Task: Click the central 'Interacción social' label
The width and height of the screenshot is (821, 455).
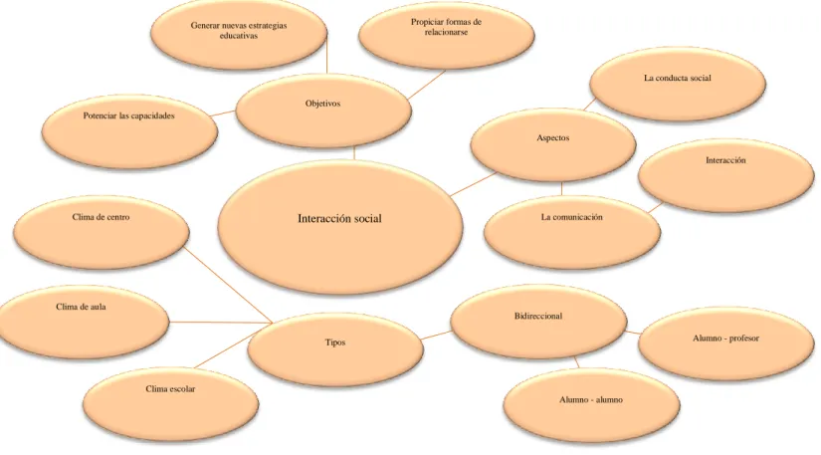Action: coord(339,218)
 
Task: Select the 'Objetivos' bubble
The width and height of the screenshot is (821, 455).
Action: coord(323,111)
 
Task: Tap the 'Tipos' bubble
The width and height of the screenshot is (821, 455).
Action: coord(335,349)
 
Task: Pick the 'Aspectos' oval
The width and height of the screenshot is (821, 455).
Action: coord(553,145)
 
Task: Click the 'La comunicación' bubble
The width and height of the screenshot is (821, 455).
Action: coord(572,232)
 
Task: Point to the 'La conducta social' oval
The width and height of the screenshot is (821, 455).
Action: coord(678,84)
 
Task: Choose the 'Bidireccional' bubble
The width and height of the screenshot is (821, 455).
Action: coord(538,322)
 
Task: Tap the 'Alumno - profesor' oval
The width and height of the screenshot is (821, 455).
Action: coord(726,343)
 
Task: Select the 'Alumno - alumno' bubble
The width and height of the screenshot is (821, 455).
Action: coord(592,405)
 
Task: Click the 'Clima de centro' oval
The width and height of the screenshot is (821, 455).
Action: coord(102,232)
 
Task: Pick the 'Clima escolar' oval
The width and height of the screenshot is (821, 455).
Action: coord(171,404)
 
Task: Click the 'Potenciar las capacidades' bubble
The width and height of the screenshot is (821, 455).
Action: coord(129,131)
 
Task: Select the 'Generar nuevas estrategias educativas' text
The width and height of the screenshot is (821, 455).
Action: coord(239,31)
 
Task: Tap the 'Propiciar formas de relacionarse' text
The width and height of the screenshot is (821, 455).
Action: coord(446,27)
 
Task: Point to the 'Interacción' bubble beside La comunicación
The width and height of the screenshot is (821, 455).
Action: coord(726,175)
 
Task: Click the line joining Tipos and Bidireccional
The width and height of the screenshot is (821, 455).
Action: coord(437,336)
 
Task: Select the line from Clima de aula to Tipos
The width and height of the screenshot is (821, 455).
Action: coord(221,323)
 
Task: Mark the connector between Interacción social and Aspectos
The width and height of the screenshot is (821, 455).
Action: coord(473,184)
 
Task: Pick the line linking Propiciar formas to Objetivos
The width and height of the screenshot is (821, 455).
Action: coord(426,85)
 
